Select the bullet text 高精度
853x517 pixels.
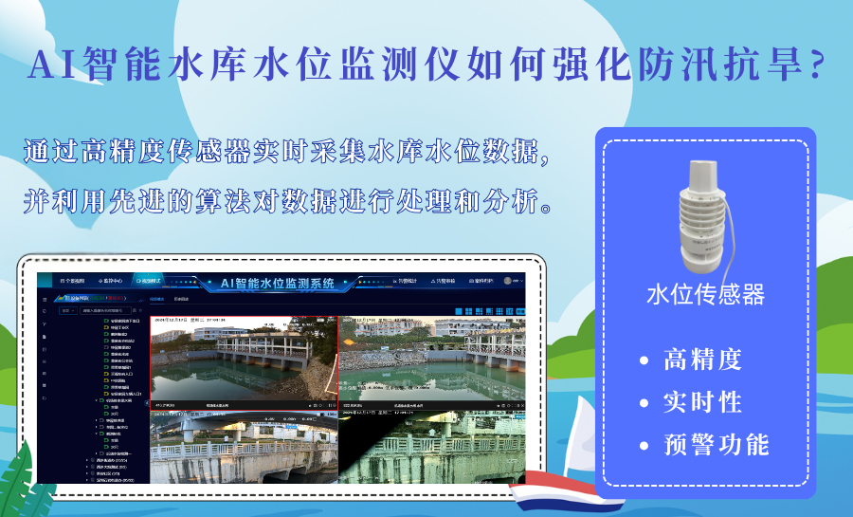[702, 360]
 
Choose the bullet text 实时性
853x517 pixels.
[702, 402]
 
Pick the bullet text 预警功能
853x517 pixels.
[716, 445]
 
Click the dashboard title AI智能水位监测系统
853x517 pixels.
[277, 283]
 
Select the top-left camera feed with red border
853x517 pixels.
[244, 361]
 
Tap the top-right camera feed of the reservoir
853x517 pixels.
[432, 361]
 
